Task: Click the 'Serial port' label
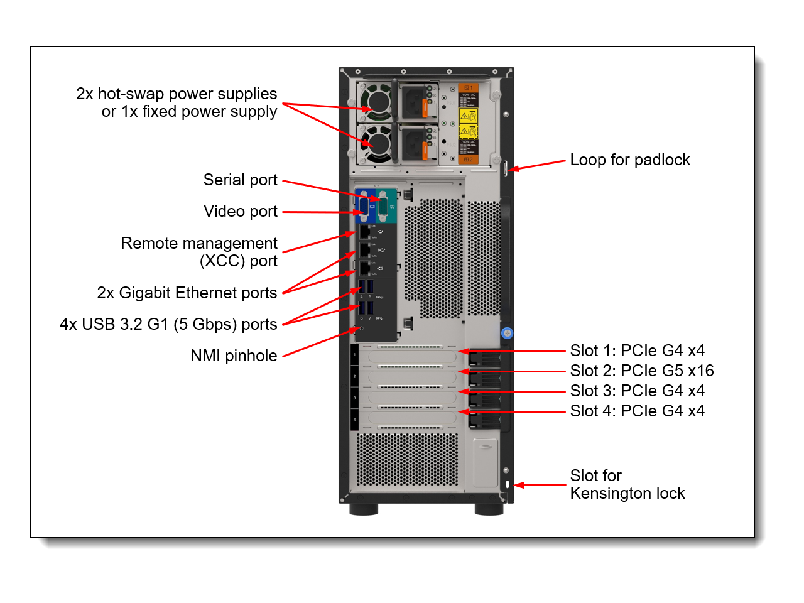coord(240,180)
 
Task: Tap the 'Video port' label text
coord(240,212)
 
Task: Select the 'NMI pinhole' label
coord(234,356)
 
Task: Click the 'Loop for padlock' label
coord(629,160)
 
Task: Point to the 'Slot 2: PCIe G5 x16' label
coord(641,371)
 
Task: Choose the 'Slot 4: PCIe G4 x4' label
coord(637,411)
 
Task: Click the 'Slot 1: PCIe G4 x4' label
coord(637,351)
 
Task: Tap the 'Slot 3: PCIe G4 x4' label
coord(637,391)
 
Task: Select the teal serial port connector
coord(385,205)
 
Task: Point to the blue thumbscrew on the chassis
coord(507,333)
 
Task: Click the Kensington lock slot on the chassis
coord(507,484)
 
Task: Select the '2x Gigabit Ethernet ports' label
coord(187,293)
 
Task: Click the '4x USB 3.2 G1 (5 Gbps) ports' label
coord(168,325)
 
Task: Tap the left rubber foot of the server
coord(364,509)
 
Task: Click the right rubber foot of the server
coord(489,509)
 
